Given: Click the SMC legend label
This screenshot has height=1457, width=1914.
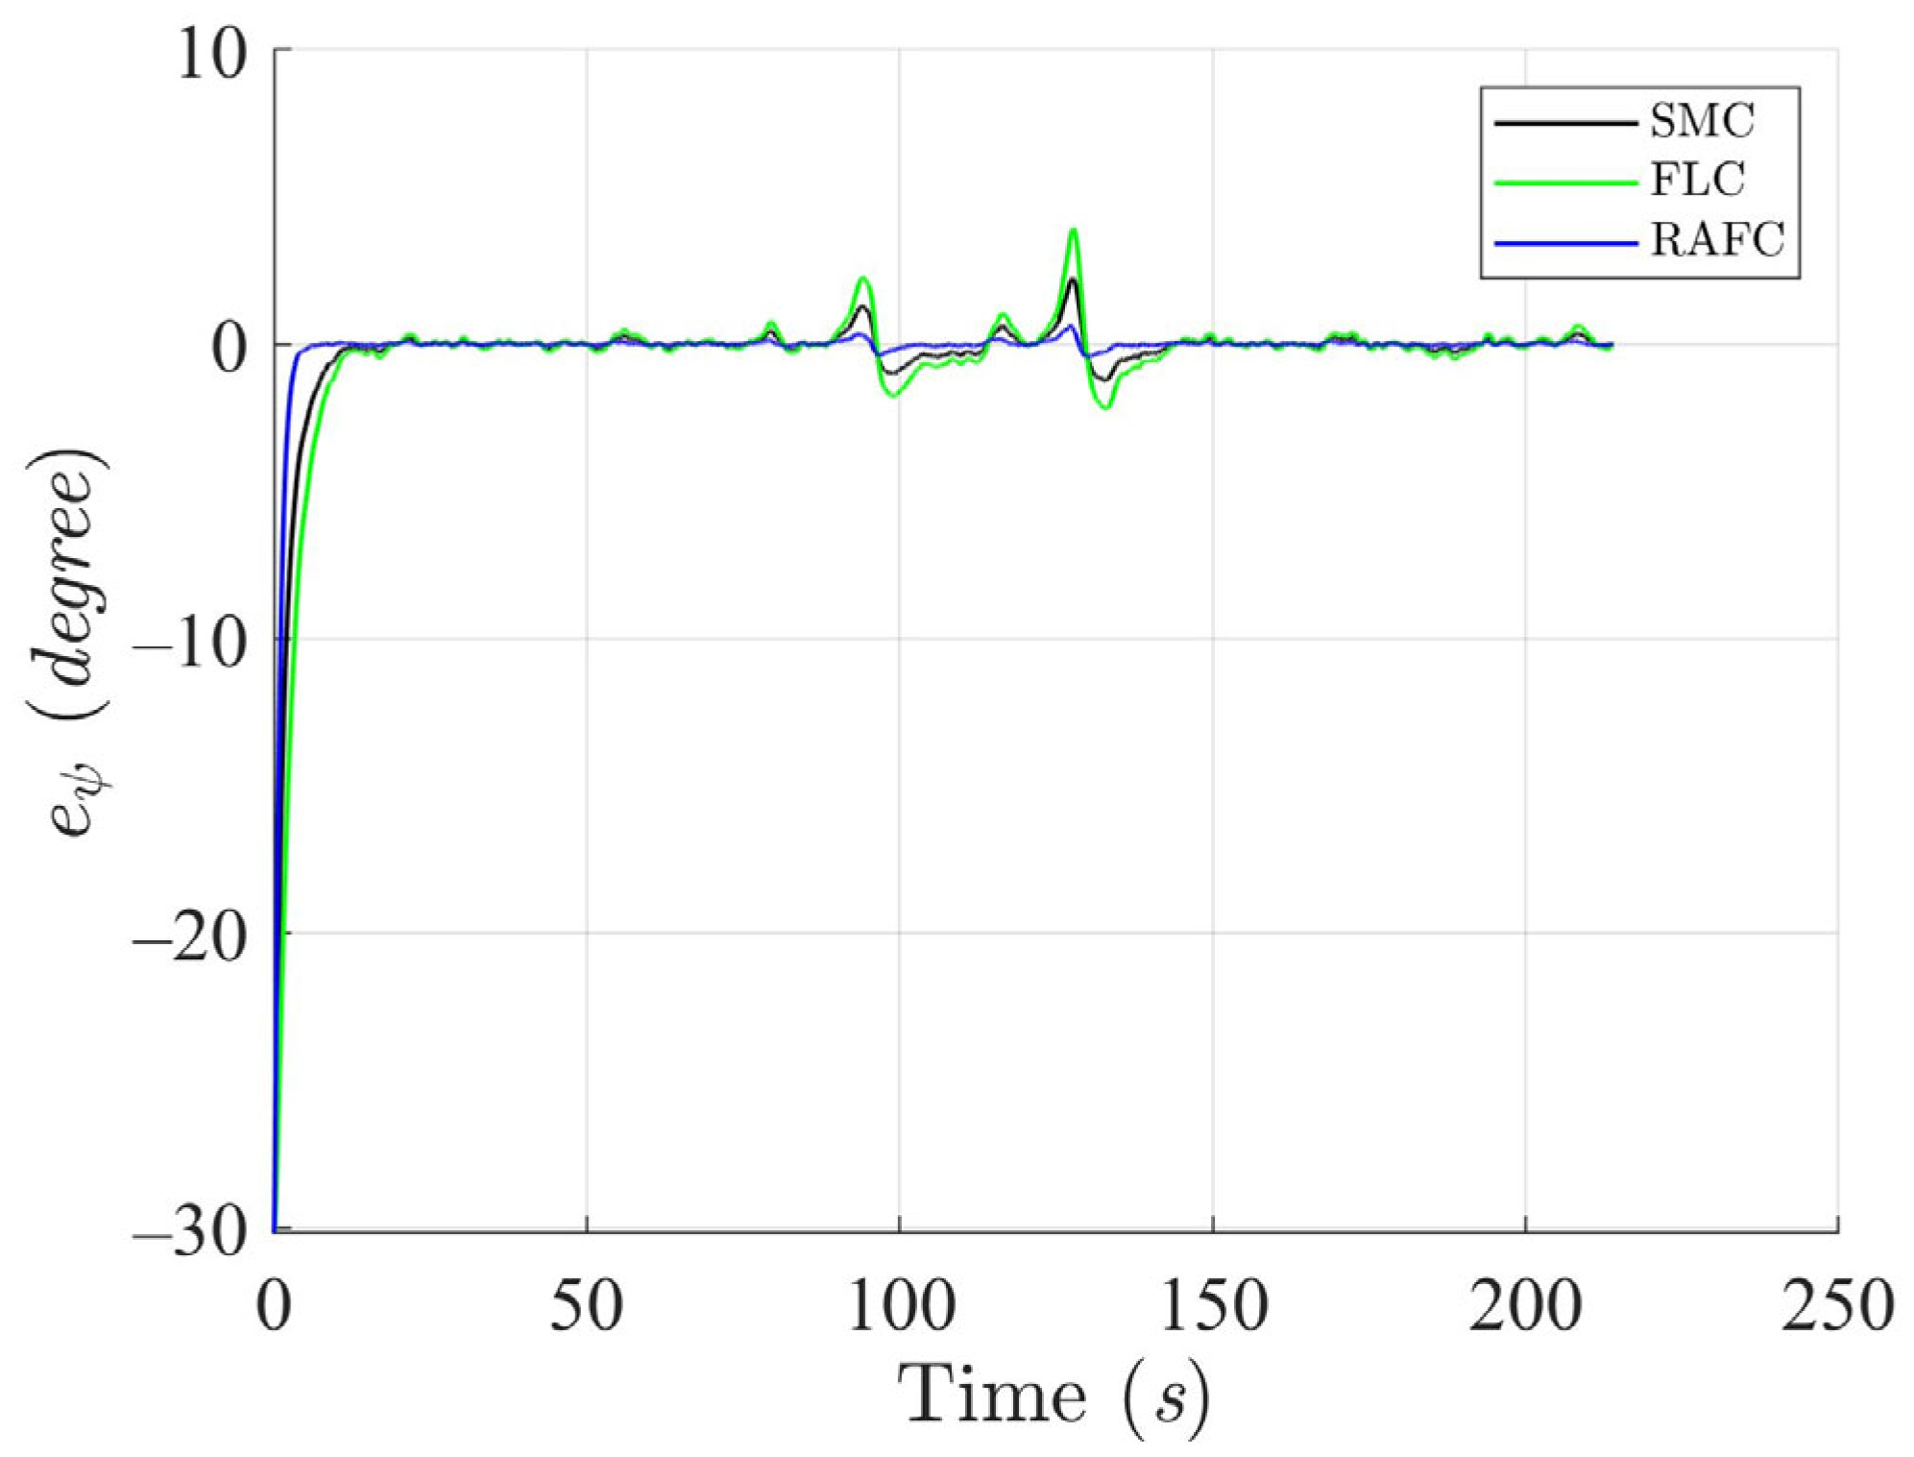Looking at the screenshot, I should pos(1702,121).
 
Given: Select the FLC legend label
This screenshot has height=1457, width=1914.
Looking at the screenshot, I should pos(1697,181).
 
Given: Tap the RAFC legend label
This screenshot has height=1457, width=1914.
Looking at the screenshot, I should pos(1717,240).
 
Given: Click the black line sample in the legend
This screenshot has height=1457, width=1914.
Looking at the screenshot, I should pos(1565,123).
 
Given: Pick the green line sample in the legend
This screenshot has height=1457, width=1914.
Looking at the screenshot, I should pos(1565,182).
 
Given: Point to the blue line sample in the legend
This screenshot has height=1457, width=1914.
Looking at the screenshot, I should pos(1565,243).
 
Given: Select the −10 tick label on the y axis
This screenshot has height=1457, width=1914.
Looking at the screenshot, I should pos(188,642).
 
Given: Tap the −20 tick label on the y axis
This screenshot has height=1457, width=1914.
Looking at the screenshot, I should pos(188,936).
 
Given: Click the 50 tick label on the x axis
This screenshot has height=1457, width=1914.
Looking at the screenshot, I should pos(586,1307).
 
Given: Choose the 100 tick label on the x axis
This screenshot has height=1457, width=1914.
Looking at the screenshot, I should pos(900,1307).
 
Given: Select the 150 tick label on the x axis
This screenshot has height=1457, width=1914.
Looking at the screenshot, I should pos(1213,1307).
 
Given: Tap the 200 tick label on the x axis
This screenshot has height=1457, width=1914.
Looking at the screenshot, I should pos(1525,1307).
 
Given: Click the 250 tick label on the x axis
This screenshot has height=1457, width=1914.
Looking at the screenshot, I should pos(1837,1307).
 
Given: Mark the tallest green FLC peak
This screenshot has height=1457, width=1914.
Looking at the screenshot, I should pos(1073,231).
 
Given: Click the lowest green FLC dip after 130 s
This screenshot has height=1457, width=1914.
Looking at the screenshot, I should pos(1107,408).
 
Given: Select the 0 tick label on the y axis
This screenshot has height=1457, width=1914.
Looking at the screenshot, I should pos(230,348).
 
